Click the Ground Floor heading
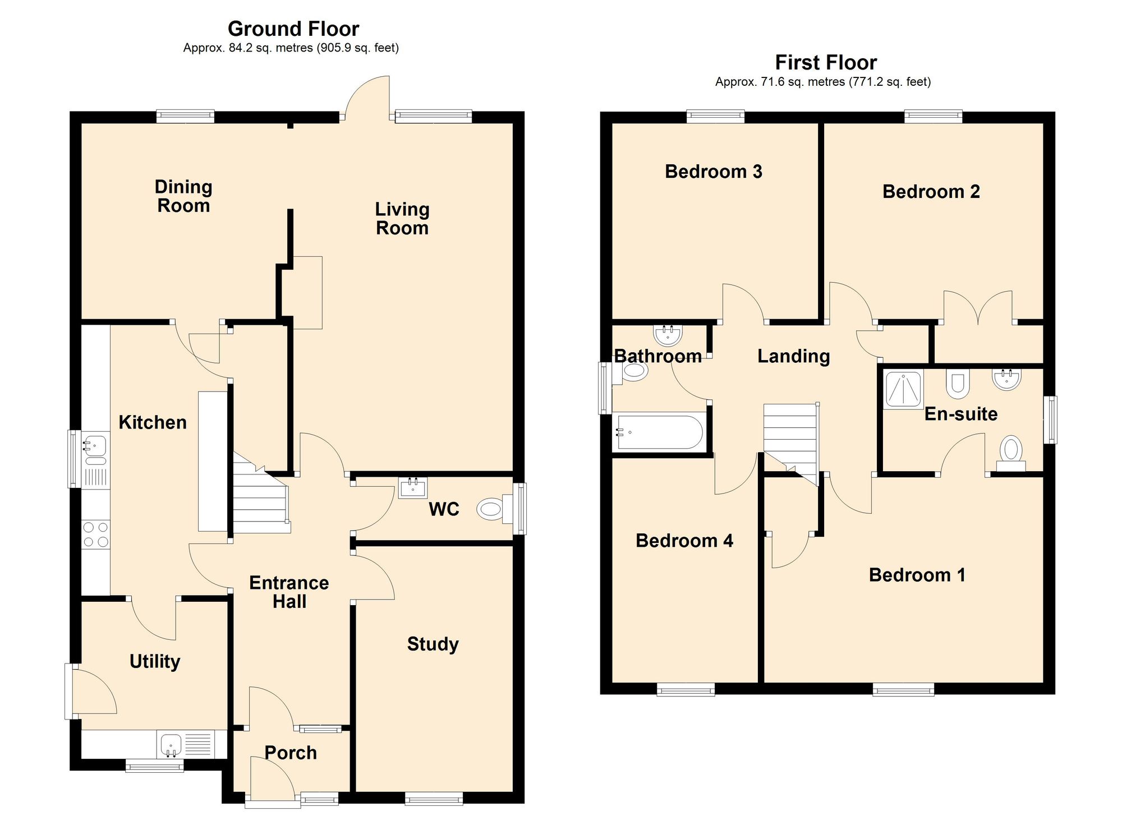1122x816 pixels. click(x=293, y=29)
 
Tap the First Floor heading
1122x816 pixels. click(x=826, y=62)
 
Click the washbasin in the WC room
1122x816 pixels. click(x=413, y=488)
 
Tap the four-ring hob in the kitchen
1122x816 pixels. click(x=96, y=534)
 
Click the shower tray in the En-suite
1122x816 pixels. click(x=903, y=389)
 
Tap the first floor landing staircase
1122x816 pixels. click(x=790, y=443)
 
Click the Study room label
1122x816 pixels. click(x=433, y=644)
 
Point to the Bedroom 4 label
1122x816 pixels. click(x=684, y=541)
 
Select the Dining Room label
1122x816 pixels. click(x=183, y=196)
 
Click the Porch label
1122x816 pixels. click(x=291, y=753)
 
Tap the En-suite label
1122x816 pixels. click(x=961, y=414)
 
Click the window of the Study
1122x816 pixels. click(x=434, y=798)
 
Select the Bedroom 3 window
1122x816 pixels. click(x=716, y=117)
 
